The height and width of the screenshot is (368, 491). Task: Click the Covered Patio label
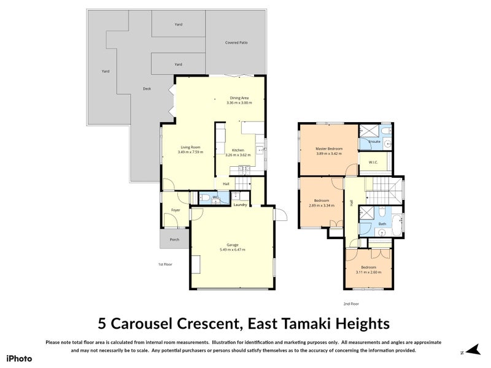tap(236, 43)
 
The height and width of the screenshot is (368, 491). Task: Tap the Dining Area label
tap(239, 98)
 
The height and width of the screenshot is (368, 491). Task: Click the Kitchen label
tap(238, 150)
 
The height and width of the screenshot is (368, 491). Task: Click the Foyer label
tap(176, 210)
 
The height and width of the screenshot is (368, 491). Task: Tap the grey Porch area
tap(174, 239)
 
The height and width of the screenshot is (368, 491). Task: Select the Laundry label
tap(240, 204)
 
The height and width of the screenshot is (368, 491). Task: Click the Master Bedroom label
tap(329, 148)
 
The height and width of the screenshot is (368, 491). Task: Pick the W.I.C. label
tap(373, 163)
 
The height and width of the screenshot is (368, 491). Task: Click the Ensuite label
tap(374, 142)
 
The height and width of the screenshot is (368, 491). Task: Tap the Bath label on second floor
tap(382, 224)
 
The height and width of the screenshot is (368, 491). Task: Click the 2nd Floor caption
tap(351, 304)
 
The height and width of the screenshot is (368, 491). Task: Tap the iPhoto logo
tap(18, 358)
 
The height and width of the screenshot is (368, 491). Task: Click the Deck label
tap(147, 88)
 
